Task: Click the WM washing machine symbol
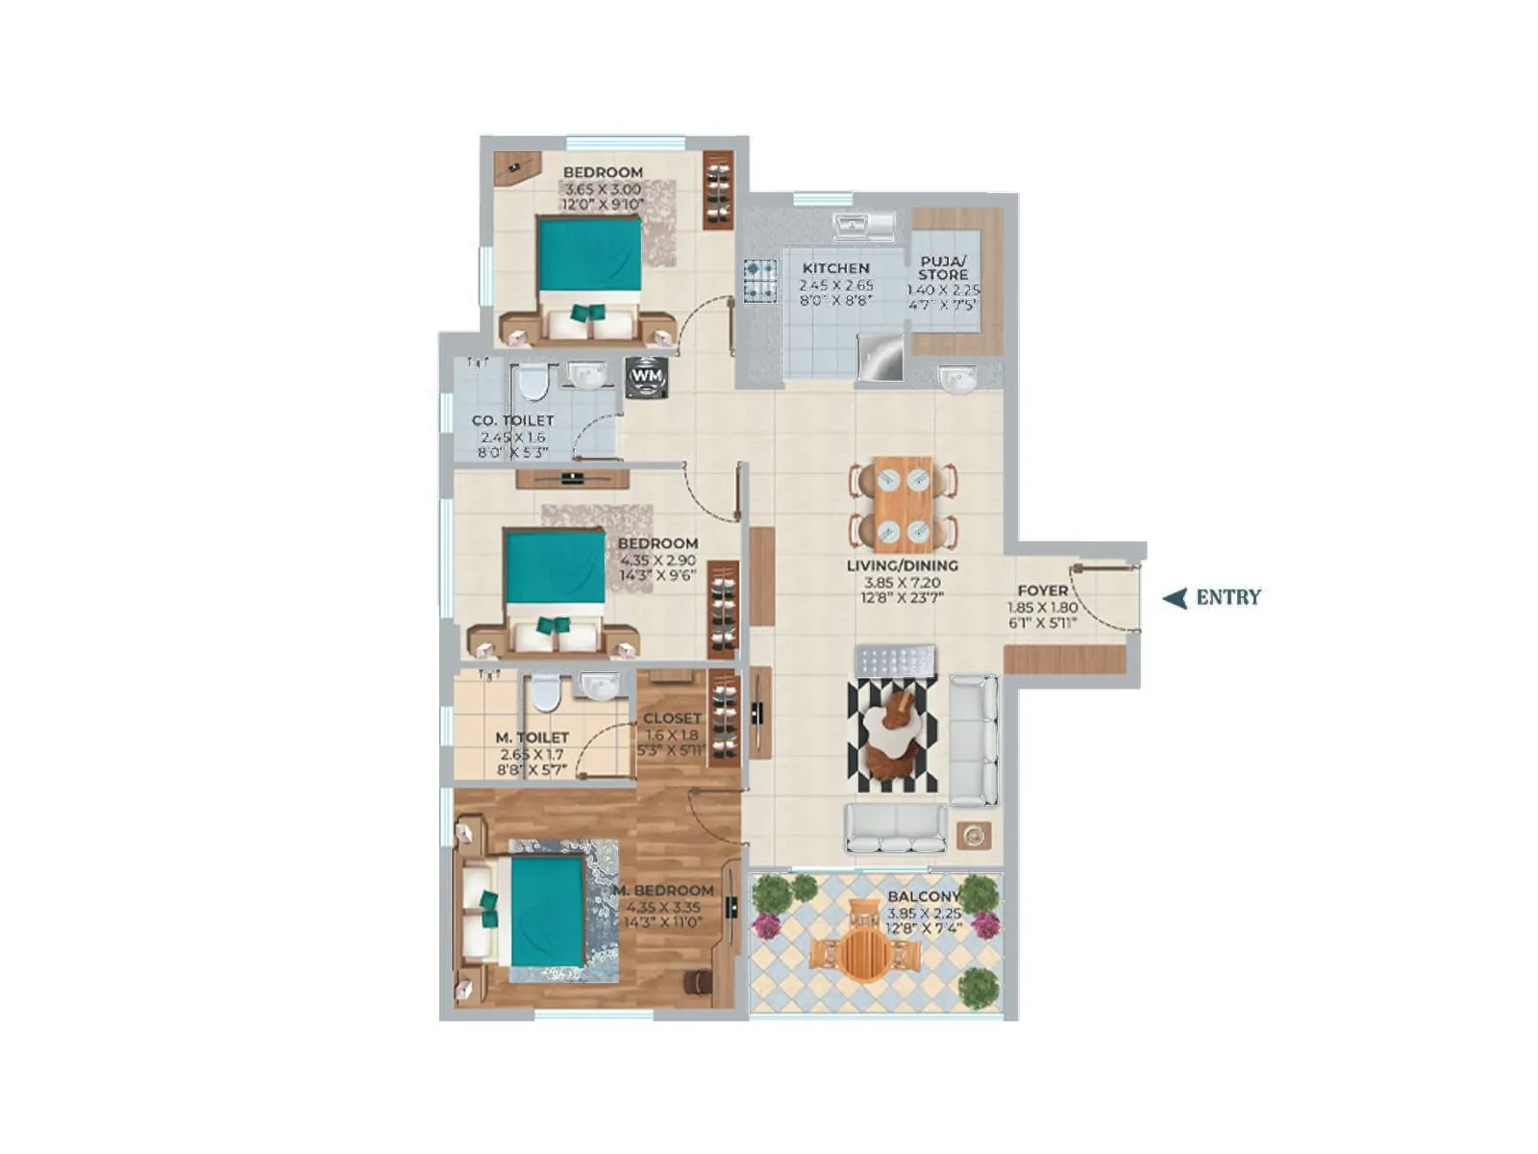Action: pos(646,377)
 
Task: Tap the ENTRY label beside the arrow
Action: pos(1228,597)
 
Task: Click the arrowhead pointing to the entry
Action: pos(1175,598)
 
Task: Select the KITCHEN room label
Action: pos(835,268)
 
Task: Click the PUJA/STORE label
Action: pos(943,267)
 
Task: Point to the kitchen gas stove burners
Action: pos(759,281)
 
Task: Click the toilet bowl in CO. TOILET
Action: pos(531,384)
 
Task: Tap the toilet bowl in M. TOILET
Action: pos(546,692)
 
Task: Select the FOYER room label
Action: pos(1042,590)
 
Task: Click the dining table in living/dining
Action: pos(903,504)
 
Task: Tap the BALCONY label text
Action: pos(923,896)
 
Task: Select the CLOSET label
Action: pos(672,718)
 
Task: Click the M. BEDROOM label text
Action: pos(664,891)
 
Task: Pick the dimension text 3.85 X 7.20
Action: pos(902,582)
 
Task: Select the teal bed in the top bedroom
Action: pos(589,255)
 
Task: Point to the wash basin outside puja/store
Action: pos(957,378)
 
